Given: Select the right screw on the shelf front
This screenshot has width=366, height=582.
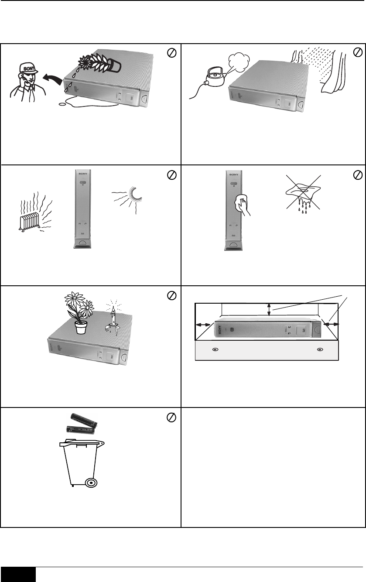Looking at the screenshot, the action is pyautogui.click(x=321, y=350).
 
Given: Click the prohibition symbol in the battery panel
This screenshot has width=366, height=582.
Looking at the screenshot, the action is pyautogui.click(x=171, y=418).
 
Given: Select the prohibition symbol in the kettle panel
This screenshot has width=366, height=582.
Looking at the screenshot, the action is pyautogui.click(x=356, y=52).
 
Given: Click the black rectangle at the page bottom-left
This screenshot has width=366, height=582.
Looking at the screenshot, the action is pyautogui.click(x=18, y=575).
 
